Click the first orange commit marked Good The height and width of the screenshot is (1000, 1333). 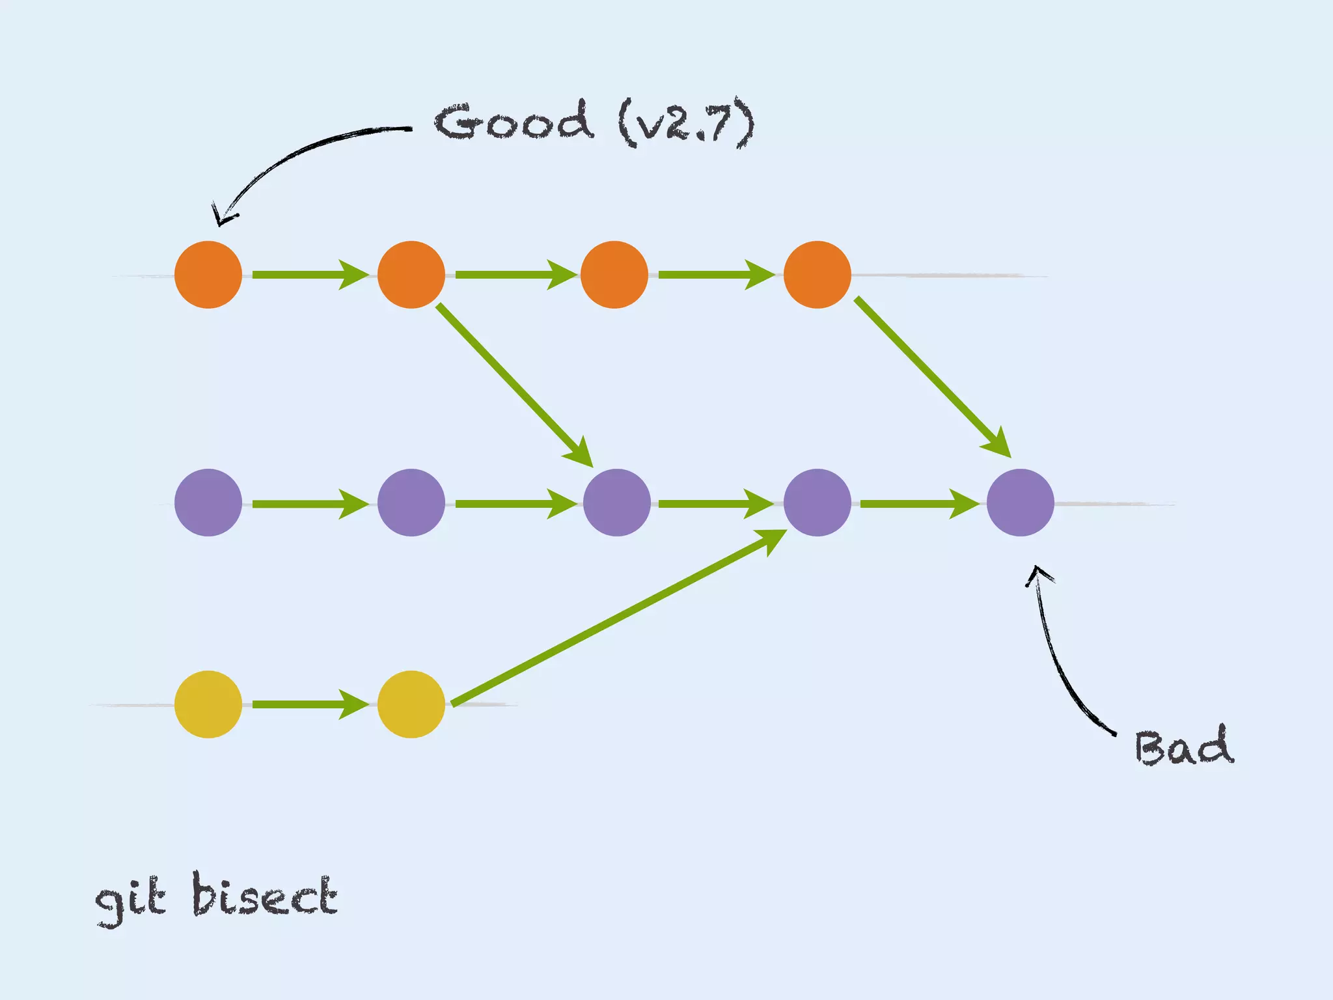(208, 275)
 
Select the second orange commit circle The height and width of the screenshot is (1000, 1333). (411, 275)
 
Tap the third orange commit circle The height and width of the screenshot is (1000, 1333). (614, 275)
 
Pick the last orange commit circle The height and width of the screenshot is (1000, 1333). (818, 275)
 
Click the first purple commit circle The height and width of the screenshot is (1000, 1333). (208, 503)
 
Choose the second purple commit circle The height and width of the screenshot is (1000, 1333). (411, 503)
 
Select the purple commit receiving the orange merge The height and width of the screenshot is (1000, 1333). (617, 503)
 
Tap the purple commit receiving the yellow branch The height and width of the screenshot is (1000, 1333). (818, 503)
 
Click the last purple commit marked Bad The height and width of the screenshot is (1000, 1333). (1021, 503)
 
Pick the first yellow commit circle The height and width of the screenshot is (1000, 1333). (208, 704)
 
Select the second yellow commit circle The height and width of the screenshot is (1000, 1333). (411, 704)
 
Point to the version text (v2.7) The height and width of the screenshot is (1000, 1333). (686, 124)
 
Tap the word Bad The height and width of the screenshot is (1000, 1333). (1183, 747)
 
